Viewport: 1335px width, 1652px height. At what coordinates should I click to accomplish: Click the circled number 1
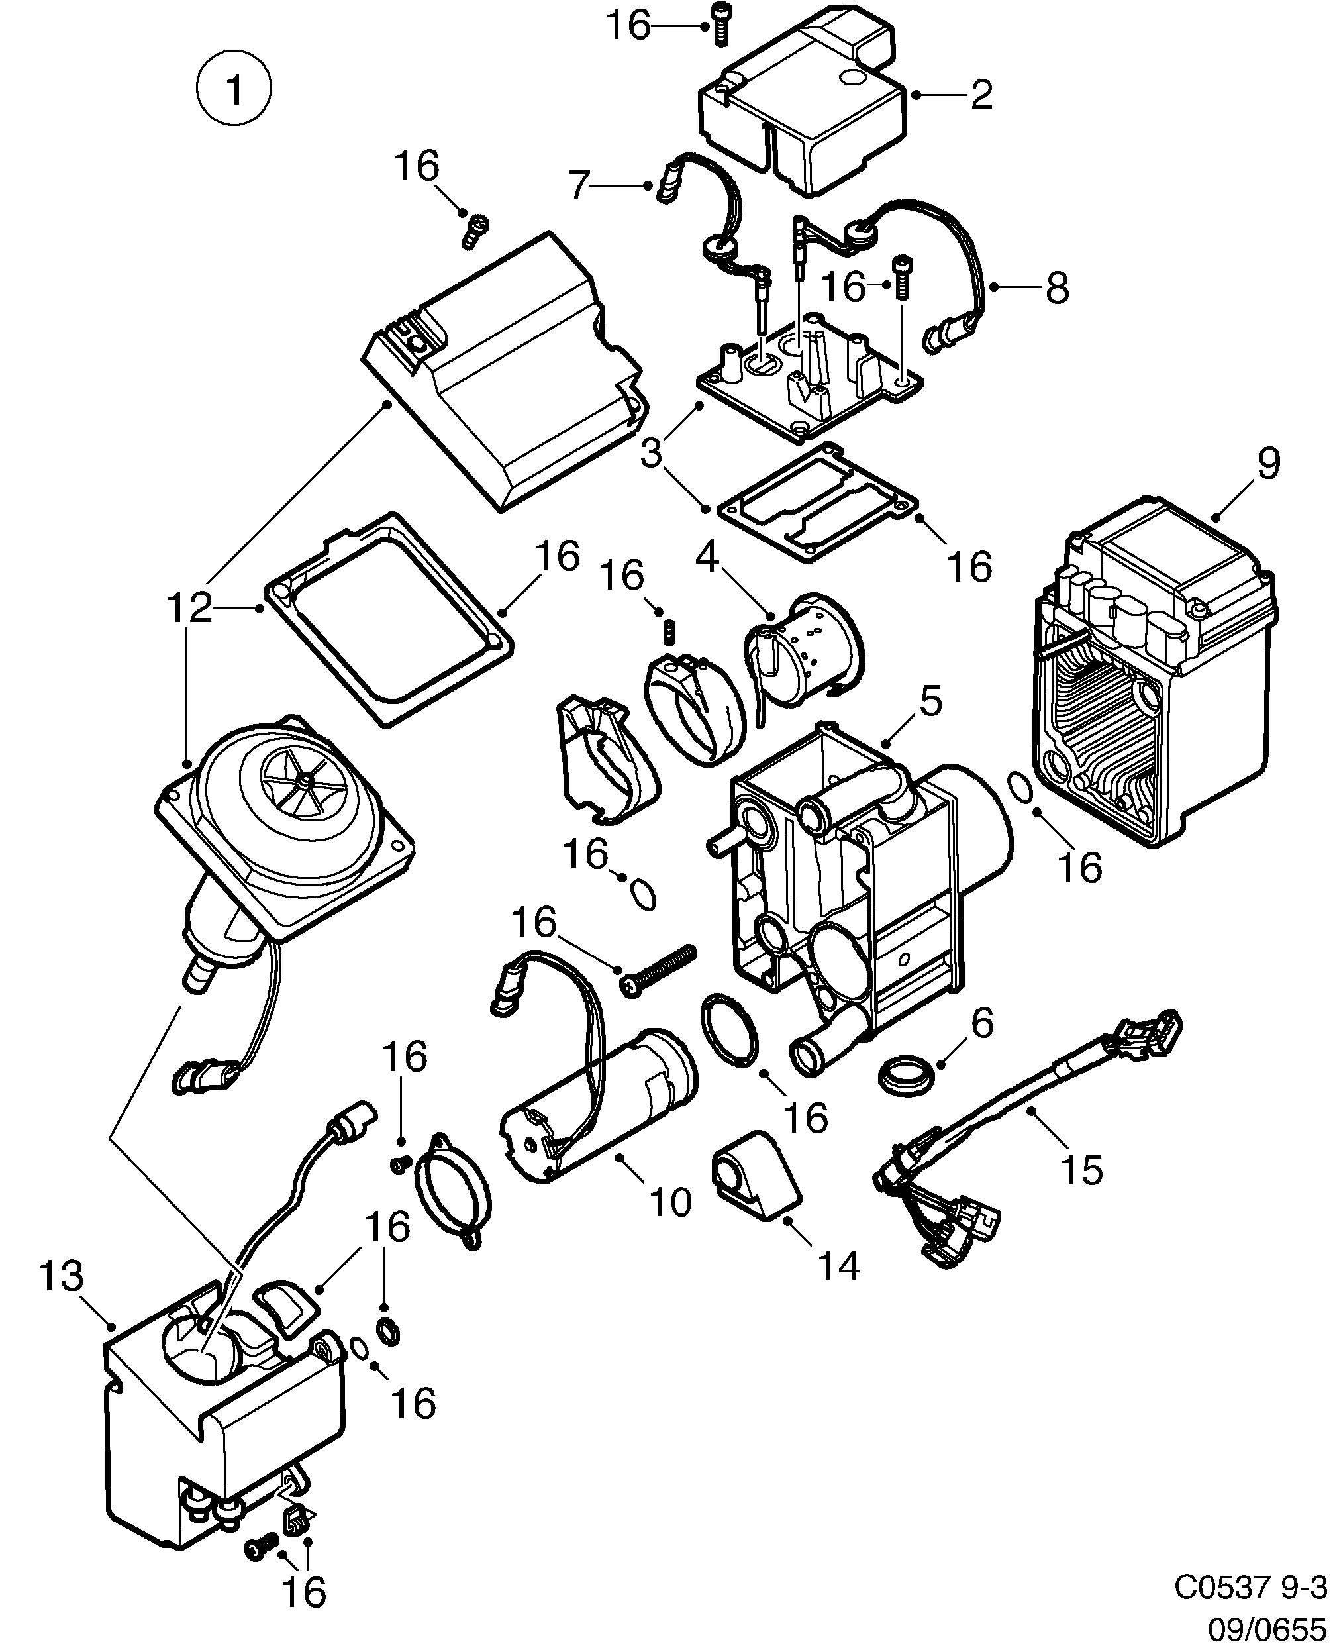(234, 89)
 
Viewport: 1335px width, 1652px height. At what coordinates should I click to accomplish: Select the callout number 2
(981, 95)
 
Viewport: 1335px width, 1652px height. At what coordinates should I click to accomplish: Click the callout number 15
(1081, 1170)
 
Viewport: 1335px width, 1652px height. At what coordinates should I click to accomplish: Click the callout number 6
(982, 1023)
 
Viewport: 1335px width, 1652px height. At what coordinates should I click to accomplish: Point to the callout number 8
(1057, 287)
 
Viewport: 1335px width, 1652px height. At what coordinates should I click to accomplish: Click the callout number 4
(707, 558)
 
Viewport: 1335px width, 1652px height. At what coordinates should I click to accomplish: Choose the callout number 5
(930, 701)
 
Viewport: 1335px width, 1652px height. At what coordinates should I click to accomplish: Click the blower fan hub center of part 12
(306, 780)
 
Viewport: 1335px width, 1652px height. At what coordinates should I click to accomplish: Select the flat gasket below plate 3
(816, 503)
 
